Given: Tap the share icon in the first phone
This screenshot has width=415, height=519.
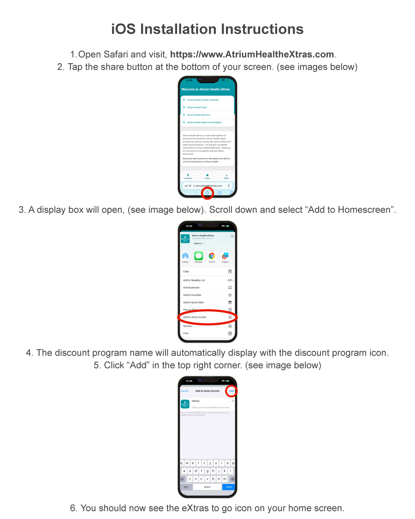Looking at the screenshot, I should (x=207, y=192).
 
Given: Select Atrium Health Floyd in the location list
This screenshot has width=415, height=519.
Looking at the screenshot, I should (x=197, y=107).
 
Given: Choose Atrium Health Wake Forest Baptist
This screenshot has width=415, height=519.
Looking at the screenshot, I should (x=204, y=122).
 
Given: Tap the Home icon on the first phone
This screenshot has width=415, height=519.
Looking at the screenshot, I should (x=207, y=176).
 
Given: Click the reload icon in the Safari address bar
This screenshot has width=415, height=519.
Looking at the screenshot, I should (x=229, y=185).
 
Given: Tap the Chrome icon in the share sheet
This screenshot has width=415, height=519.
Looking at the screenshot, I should (x=212, y=256).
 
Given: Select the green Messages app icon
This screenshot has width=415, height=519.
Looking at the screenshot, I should (x=199, y=256).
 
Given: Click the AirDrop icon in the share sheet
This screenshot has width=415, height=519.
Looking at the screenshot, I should (x=185, y=256).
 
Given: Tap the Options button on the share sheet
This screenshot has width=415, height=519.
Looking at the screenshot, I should (x=198, y=243).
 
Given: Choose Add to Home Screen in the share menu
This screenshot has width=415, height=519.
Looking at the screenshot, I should (x=195, y=317).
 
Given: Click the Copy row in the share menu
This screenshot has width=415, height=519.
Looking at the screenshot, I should (x=186, y=271).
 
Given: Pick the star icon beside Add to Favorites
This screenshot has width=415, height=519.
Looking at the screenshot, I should (x=230, y=295).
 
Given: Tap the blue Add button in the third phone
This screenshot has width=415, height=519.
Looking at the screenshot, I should (x=231, y=391).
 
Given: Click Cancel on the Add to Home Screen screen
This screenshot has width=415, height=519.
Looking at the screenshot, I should (x=184, y=391).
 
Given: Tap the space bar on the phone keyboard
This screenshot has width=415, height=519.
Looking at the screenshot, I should (x=207, y=487).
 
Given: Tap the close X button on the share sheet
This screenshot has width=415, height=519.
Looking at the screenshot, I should (x=232, y=236).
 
